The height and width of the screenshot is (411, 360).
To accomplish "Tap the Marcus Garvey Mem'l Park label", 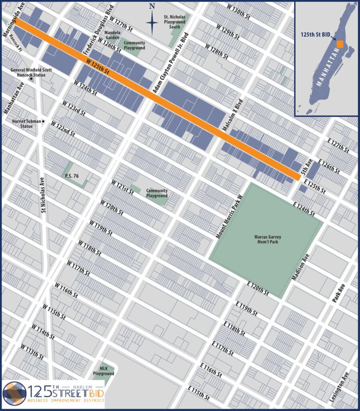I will click(x=266, y=239).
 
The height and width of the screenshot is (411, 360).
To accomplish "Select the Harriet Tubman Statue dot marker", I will click(x=43, y=121).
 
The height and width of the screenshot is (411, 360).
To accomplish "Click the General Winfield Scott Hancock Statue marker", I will click(x=31, y=78).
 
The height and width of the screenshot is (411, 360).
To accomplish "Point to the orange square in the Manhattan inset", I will click(x=340, y=44).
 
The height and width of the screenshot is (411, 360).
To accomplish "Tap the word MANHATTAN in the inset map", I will click(x=324, y=71).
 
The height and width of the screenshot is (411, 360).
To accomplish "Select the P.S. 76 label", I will click(x=70, y=175).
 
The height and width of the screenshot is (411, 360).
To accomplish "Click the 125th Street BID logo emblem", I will click(x=15, y=393).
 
